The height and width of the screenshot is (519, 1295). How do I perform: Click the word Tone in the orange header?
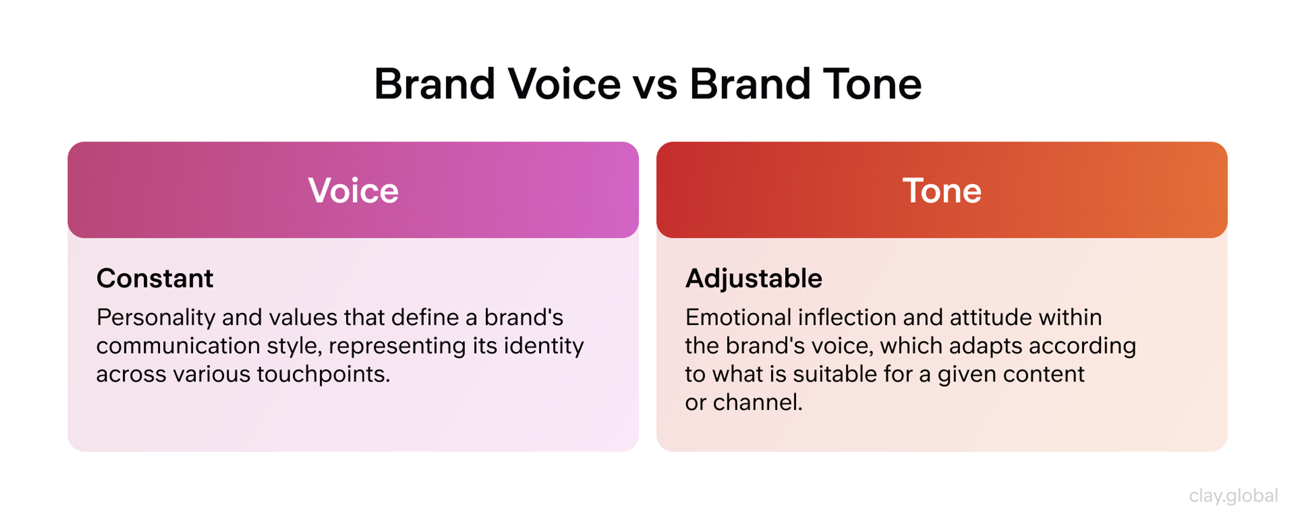tap(942, 191)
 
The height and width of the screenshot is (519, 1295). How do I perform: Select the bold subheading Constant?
tap(155, 278)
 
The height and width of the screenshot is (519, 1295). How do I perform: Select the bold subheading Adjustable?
tap(754, 278)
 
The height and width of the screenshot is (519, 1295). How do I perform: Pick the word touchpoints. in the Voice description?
tap(323, 374)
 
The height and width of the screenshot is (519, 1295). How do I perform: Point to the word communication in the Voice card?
tap(177, 346)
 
